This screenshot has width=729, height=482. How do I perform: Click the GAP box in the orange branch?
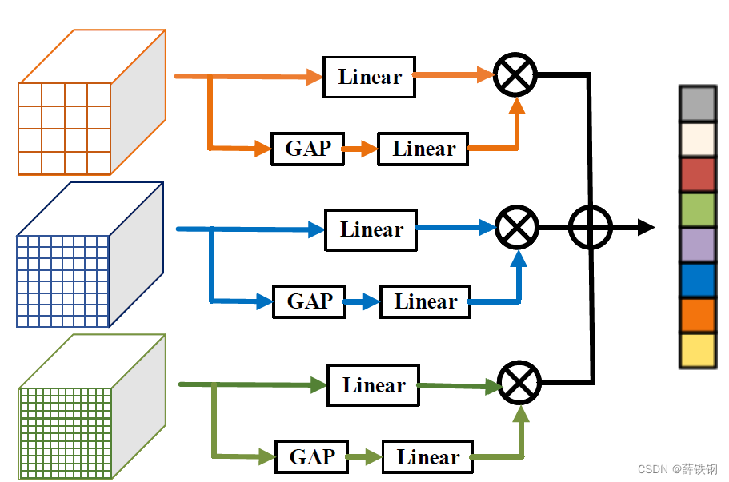click(307, 149)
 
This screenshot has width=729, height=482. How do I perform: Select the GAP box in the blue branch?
click(309, 301)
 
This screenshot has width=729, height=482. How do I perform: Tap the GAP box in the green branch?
click(311, 457)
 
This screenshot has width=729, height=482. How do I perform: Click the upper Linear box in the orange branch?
click(369, 78)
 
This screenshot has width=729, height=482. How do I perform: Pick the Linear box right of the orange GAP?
click(423, 149)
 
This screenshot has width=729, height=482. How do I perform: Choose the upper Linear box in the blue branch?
click(371, 229)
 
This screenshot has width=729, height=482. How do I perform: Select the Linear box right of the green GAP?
click(427, 457)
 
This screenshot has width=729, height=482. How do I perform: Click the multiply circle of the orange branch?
click(515, 76)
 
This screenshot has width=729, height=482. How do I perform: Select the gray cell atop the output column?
click(696, 104)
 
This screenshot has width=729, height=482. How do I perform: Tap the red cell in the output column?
click(696, 174)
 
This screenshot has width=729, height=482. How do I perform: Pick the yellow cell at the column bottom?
click(696, 350)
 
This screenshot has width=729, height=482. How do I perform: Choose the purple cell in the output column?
click(696, 245)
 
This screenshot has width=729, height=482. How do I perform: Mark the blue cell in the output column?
click(696, 280)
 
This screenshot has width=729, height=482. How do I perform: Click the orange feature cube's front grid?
click(64, 128)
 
